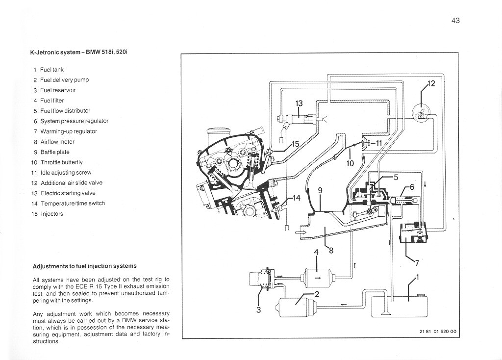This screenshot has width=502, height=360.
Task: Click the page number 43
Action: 455,21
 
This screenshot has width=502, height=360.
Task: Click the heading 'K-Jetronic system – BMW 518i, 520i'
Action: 79,52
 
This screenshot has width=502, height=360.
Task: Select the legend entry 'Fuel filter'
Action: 52,101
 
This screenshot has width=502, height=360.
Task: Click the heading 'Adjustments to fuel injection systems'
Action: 84,266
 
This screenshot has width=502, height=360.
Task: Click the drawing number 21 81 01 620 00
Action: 438,332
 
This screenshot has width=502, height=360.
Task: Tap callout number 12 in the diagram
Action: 431,83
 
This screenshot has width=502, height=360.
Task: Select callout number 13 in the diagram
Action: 299,103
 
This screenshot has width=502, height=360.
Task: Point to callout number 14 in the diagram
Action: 297,198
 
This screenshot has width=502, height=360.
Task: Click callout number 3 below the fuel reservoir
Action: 258,309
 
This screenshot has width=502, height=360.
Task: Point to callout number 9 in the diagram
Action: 320,191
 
